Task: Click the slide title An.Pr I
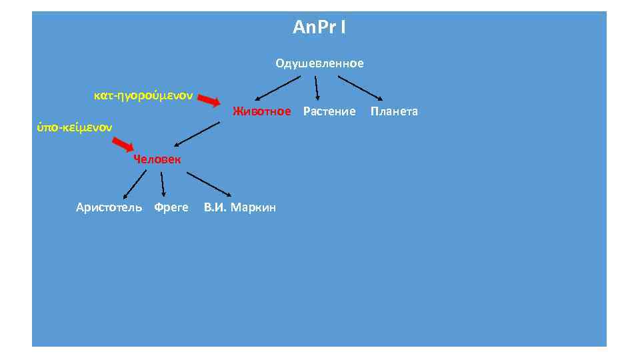click(319, 28)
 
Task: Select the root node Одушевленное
click(319, 63)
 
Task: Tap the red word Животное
click(261, 111)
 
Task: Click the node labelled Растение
click(329, 111)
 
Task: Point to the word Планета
click(394, 111)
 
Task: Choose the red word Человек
click(156, 159)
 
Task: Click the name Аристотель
click(109, 207)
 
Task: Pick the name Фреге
click(171, 207)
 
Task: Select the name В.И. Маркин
click(240, 207)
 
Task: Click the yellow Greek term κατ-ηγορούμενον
click(143, 95)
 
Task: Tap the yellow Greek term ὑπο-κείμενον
click(75, 126)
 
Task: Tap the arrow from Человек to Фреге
click(163, 184)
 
